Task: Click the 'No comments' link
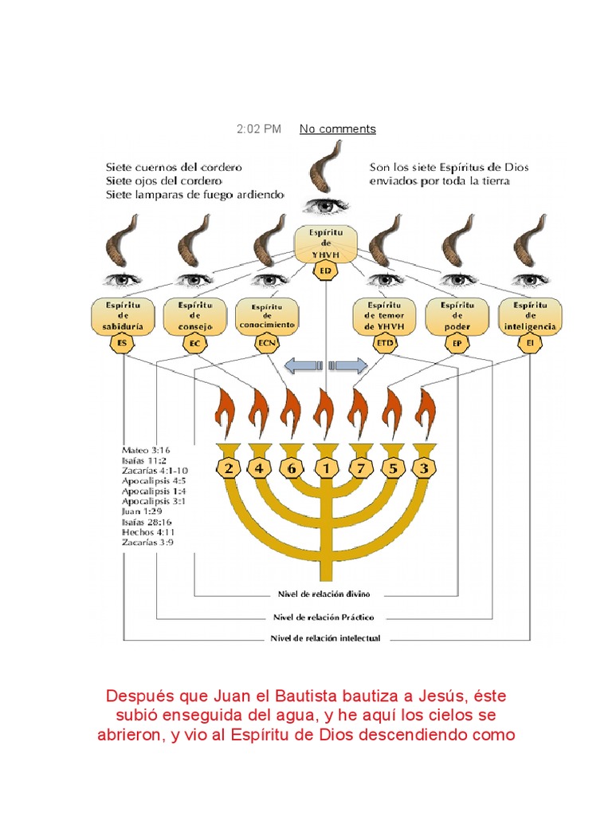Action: pyautogui.click(x=337, y=129)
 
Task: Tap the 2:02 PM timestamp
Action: pyautogui.click(x=259, y=129)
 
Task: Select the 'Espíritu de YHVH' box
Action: pyautogui.click(x=325, y=243)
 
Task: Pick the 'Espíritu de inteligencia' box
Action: pyautogui.click(x=529, y=316)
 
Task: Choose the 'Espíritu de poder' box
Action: pyautogui.click(x=457, y=316)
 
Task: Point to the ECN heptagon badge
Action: pyautogui.click(x=265, y=344)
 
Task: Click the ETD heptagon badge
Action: pyautogui.click(x=385, y=344)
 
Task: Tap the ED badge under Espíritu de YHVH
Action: pyautogui.click(x=325, y=271)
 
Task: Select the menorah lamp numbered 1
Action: pyautogui.click(x=325, y=468)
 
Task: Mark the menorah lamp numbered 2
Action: pyautogui.click(x=229, y=468)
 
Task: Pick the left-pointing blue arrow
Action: pyautogui.click(x=302, y=366)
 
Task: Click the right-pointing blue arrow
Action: pyautogui.click(x=348, y=366)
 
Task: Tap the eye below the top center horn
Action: pyautogui.click(x=324, y=205)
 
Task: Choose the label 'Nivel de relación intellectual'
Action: pyautogui.click(x=326, y=638)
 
